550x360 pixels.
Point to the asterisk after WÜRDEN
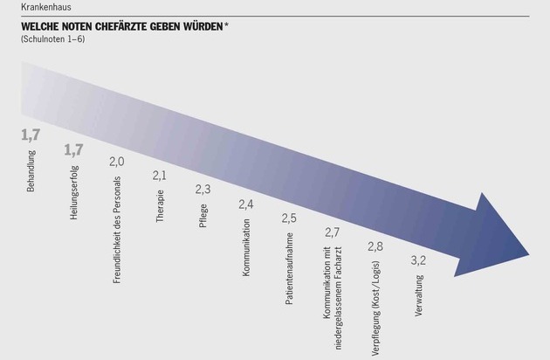tap(227, 25)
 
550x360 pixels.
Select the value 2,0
tap(116, 162)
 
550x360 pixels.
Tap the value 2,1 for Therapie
tap(159, 176)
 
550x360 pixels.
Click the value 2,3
tap(202, 189)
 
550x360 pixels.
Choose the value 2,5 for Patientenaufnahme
tap(289, 217)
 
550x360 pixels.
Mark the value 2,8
tap(375, 246)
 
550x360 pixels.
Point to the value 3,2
tap(418, 260)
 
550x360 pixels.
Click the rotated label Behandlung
tap(31, 171)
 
